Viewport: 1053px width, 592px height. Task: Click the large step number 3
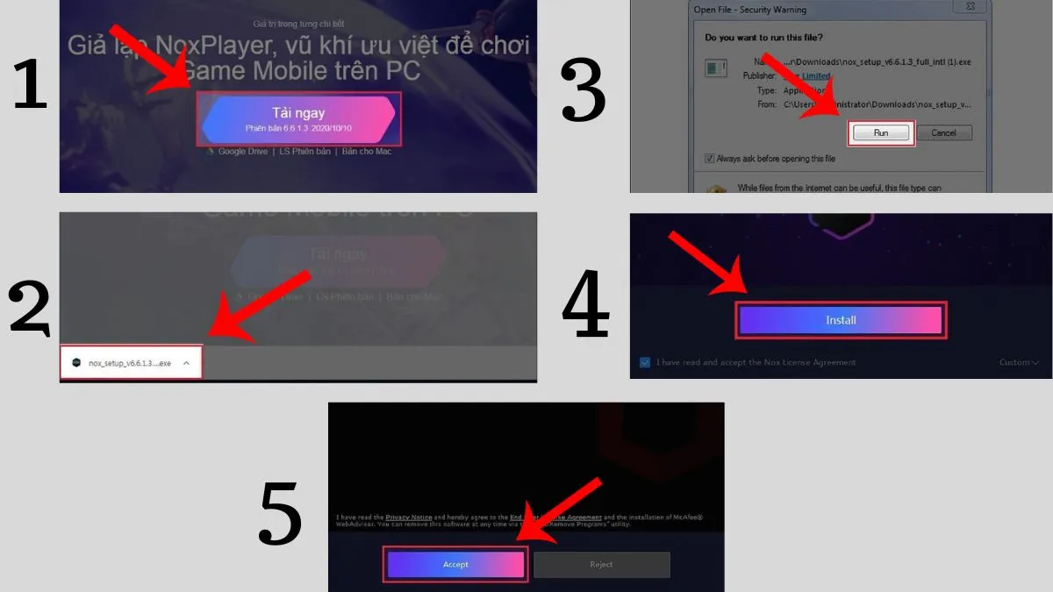(583, 92)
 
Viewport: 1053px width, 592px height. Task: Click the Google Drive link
(240, 152)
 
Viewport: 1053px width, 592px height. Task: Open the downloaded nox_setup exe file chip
(130, 362)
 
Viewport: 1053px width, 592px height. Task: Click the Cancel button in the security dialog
(943, 133)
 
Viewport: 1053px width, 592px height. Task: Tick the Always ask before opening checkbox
(710, 159)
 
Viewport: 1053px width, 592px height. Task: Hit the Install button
(841, 320)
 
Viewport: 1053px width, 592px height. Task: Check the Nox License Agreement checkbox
(645, 362)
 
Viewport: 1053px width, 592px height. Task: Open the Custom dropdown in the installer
(1018, 362)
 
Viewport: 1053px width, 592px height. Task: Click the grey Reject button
(601, 565)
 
